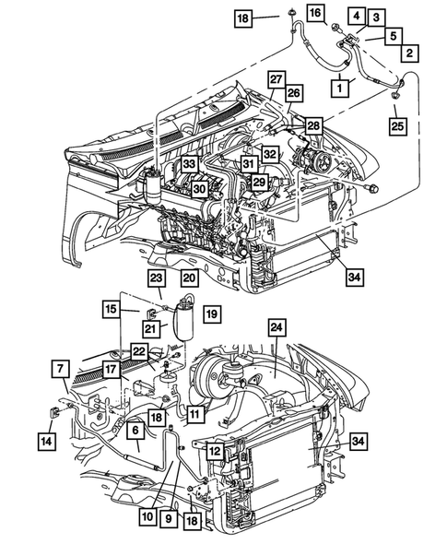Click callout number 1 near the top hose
341,88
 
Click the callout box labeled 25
398,124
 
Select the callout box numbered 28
314,125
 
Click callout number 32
270,153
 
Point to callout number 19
211,314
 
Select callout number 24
276,328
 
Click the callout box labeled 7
59,370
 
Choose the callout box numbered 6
135,430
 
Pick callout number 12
213,451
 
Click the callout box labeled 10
147,518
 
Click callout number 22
138,350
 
